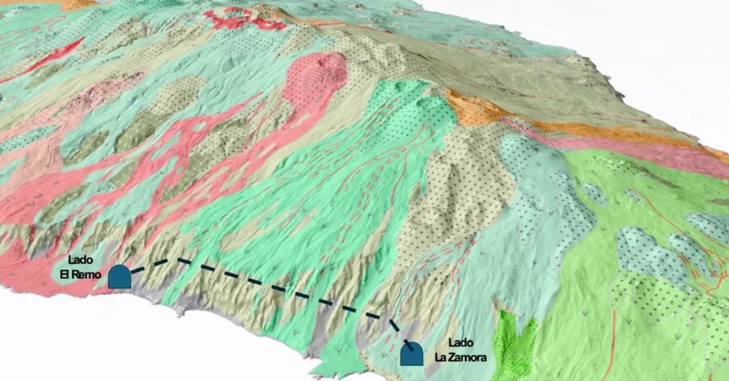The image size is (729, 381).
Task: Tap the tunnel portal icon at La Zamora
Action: (x=412, y=354)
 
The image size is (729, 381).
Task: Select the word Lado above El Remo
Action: (x=80, y=260)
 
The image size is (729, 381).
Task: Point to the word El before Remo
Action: (x=64, y=274)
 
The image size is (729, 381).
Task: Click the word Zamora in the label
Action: (x=470, y=357)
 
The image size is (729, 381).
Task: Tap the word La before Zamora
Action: (x=442, y=357)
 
